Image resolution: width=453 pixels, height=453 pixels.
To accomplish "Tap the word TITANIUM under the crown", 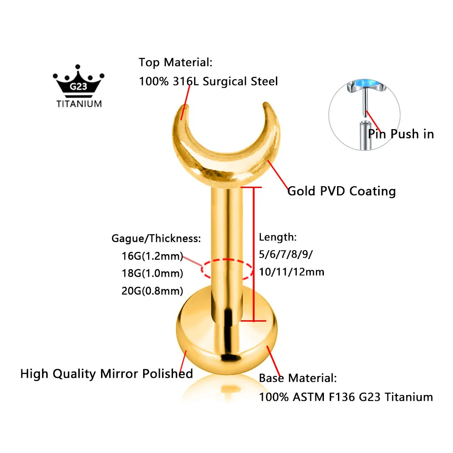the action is tap(79, 104).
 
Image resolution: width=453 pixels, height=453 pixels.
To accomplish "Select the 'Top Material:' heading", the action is tap(176, 63).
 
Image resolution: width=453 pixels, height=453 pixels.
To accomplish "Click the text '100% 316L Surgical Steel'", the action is tap(208, 82).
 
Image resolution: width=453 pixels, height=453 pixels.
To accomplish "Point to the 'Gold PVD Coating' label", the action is tap(342, 191).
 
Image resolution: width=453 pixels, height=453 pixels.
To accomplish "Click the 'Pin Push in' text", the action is tap(401, 134).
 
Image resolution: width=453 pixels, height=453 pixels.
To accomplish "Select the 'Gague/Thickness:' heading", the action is tap(156, 239).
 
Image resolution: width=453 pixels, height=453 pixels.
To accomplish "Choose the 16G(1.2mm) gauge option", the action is tap(152, 256).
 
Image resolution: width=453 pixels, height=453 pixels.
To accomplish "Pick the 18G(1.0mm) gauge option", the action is tap(152, 273).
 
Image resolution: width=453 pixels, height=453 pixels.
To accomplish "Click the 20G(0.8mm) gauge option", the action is tap(152, 291).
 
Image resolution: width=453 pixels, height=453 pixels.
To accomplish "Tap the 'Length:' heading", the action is tap(278, 237).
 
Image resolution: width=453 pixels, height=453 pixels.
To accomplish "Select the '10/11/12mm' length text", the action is tap(291, 272).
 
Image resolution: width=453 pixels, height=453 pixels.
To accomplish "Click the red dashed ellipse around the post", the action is tap(227, 260).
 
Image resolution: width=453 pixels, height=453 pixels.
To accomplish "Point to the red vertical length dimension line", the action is tap(254, 254).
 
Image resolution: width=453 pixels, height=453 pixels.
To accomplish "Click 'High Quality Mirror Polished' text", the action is tap(106, 374).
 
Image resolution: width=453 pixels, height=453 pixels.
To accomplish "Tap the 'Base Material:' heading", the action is tap(298, 378).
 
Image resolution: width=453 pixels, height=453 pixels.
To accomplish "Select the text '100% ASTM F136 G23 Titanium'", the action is tap(346, 397).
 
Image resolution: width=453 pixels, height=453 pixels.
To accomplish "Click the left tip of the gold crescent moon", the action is tap(186, 106).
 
